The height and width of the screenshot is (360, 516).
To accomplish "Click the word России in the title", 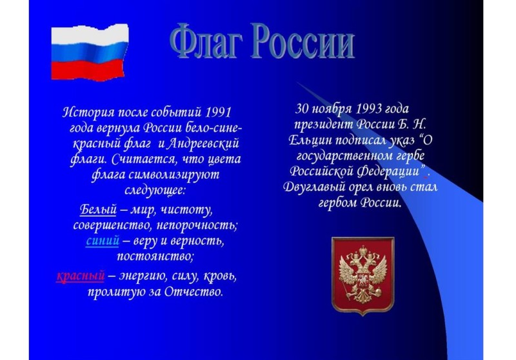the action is pyautogui.click(x=303, y=41).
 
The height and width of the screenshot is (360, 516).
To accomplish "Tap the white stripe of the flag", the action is pyautogui.click(x=90, y=35).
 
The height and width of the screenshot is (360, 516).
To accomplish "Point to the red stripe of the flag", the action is pyautogui.click(x=88, y=70).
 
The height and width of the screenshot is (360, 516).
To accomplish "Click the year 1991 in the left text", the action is pyautogui.click(x=218, y=112).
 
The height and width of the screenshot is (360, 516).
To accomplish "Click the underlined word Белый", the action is pyautogui.click(x=98, y=209).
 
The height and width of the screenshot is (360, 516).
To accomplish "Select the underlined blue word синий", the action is pyautogui.click(x=103, y=241).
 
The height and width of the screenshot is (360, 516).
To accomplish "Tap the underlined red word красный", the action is pyautogui.click(x=81, y=275).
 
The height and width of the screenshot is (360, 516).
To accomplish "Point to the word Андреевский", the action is pyautogui.click(x=203, y=144).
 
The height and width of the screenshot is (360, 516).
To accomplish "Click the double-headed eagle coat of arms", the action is pyautogui.click(x=362, y=275).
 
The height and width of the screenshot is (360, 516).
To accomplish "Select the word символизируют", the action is pyautogui.click(x=174, y=174).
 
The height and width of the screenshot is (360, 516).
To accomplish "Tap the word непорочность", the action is pyautogui.click(x=197, y=225).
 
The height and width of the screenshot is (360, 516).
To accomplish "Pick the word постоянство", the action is pyautogui.click(x=155, y=256).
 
